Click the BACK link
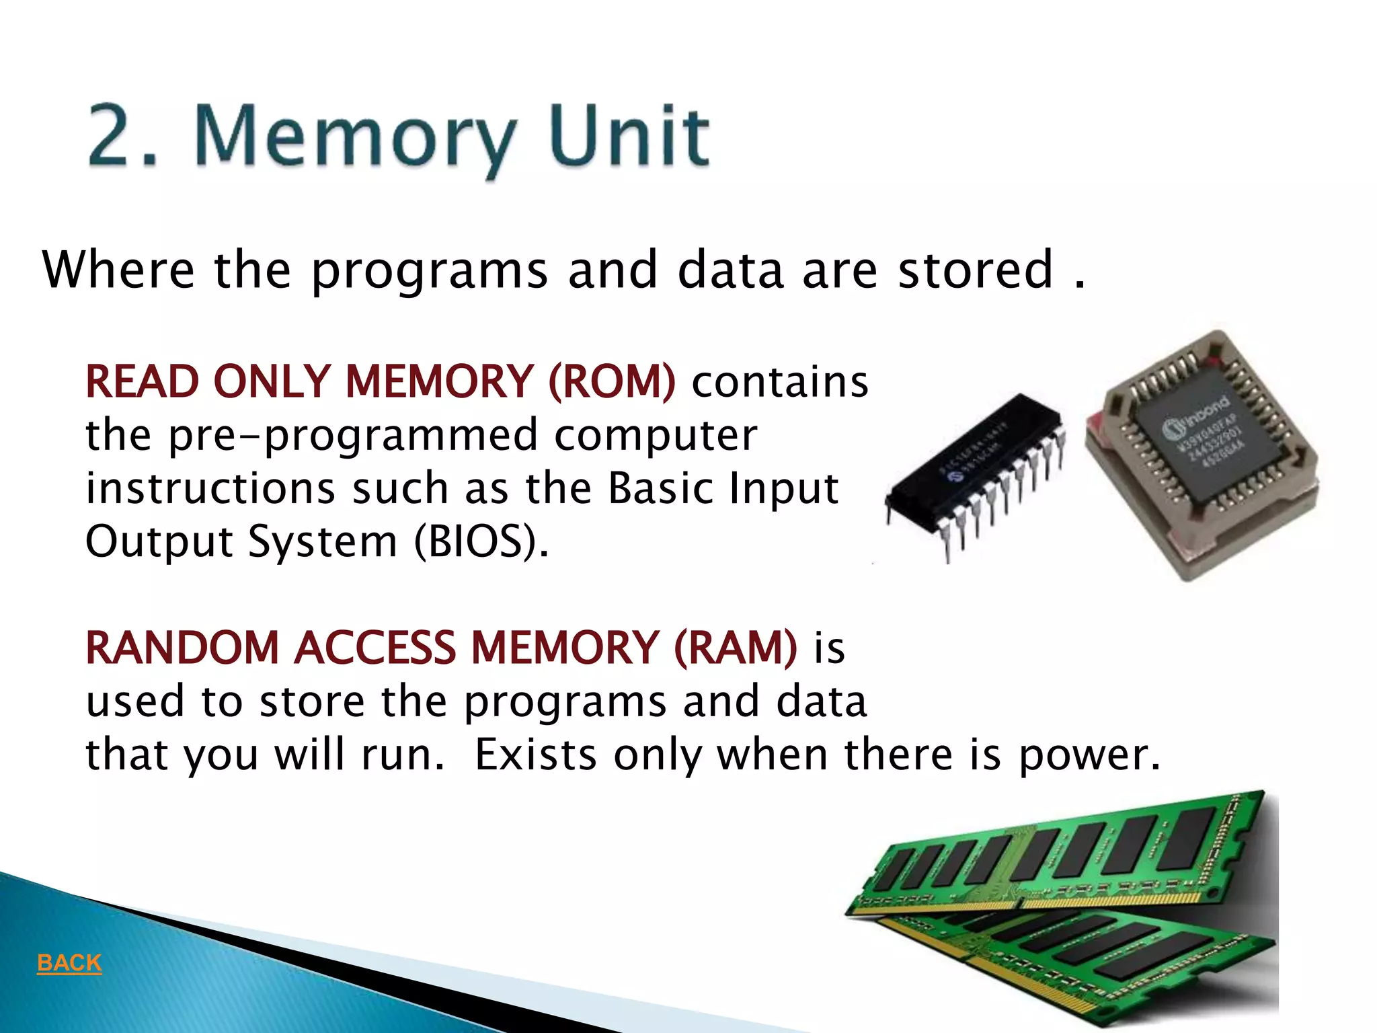[x=69, y=962]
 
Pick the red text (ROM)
[x=612, y=381]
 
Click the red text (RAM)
[x=735, y=648]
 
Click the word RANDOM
[x=182, y=648]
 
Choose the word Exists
[x=536, y=755]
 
